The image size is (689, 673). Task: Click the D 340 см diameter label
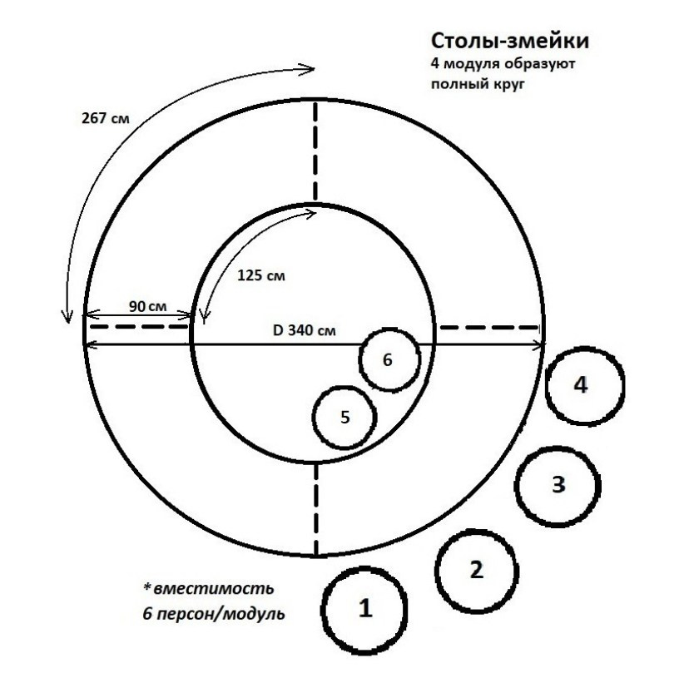tap(305, 329)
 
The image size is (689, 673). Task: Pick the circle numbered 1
tap(363, 608)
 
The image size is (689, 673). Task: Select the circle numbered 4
tap(586, 384)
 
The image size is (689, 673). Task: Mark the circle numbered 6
tap(388, 359)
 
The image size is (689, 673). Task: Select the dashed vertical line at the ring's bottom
tap(315, 508)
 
